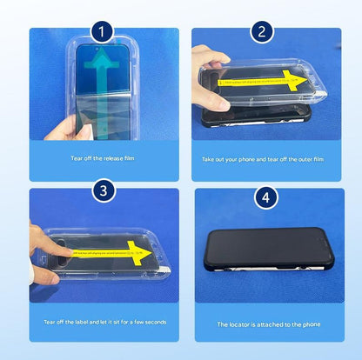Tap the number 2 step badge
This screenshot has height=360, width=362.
click(x=258, y=32)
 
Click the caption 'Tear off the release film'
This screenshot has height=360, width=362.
click(x=104, y=158)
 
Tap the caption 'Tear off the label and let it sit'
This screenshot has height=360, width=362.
click(x=104, y=322)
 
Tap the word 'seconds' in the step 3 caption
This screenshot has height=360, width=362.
click(x=152, y=322)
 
